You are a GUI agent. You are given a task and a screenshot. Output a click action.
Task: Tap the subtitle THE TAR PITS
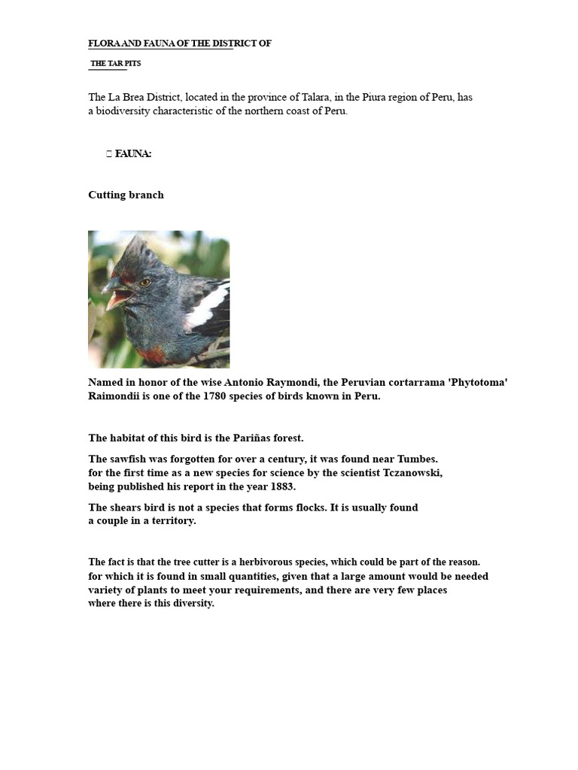[x=116, y=63]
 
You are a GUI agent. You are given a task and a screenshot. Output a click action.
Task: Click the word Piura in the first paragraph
[x=394, y=97]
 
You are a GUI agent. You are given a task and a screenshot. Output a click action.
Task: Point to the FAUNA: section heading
[x=133, y=153]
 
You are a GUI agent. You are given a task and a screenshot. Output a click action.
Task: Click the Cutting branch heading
[x=126, y=195]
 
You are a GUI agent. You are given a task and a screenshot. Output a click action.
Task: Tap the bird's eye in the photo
[x=145, y=282]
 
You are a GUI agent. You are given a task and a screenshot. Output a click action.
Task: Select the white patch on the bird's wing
[x=206, y=308]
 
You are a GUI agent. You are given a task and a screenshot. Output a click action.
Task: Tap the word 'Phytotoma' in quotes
[x=477, y=383]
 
